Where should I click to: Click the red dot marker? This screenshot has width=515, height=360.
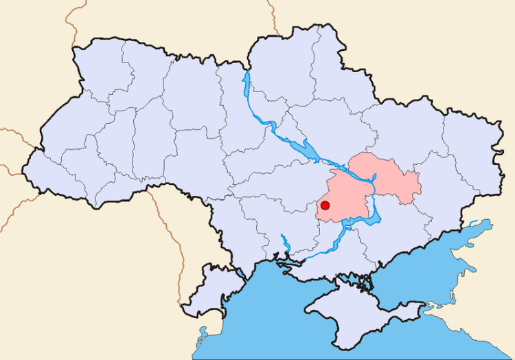pos(325,205)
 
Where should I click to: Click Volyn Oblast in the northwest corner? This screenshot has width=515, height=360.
pos(96,69)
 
